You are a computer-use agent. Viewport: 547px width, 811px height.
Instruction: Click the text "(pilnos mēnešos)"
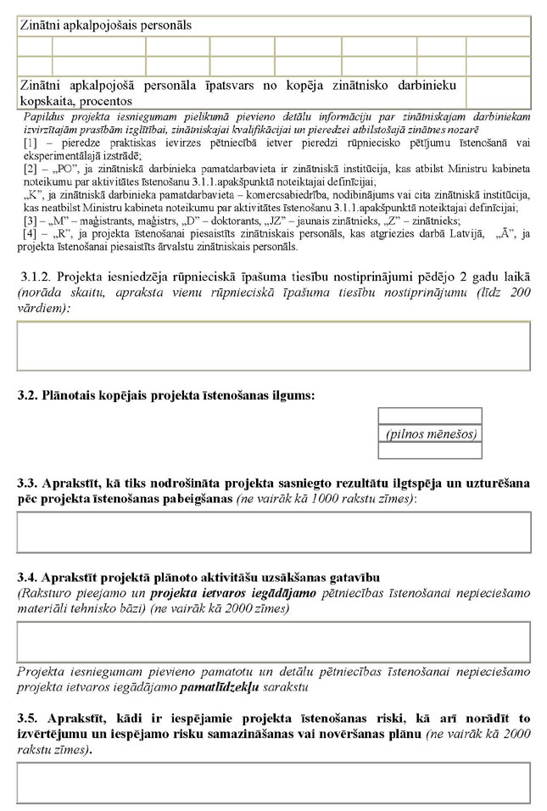pyautogui.click(x=430, y=433)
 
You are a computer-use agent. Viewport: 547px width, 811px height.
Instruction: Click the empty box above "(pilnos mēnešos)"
pyautogui.click(x=430, y=416)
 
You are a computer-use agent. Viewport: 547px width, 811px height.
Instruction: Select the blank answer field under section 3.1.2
pyautogui.click(x=273, y=345)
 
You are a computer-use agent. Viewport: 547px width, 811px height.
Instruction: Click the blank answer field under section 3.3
pyautogui.click(x=273, y=532)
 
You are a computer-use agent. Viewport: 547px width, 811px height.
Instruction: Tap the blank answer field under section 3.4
pyautogui.click(x=273, y=641)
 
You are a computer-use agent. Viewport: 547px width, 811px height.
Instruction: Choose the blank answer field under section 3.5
pyautogui.click(x=273, y=782)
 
